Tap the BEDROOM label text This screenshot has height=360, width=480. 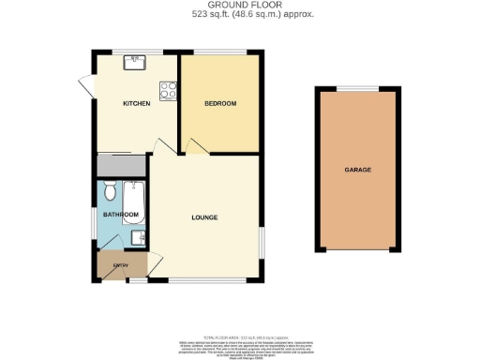click(x=221, y=103)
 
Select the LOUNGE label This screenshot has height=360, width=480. click(x=204, y=217)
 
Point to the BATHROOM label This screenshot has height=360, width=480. click(x=113, y=216)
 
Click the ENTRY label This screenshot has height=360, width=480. click(x=119, y=265)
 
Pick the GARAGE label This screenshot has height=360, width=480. click(x=358, y=170)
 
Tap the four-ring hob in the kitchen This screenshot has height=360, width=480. click(x=169, y=91)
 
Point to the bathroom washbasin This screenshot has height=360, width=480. click(x=138, y=237)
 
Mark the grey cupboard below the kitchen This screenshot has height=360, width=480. click(x=121, y=165)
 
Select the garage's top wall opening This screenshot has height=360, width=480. click(x=358, y=87)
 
